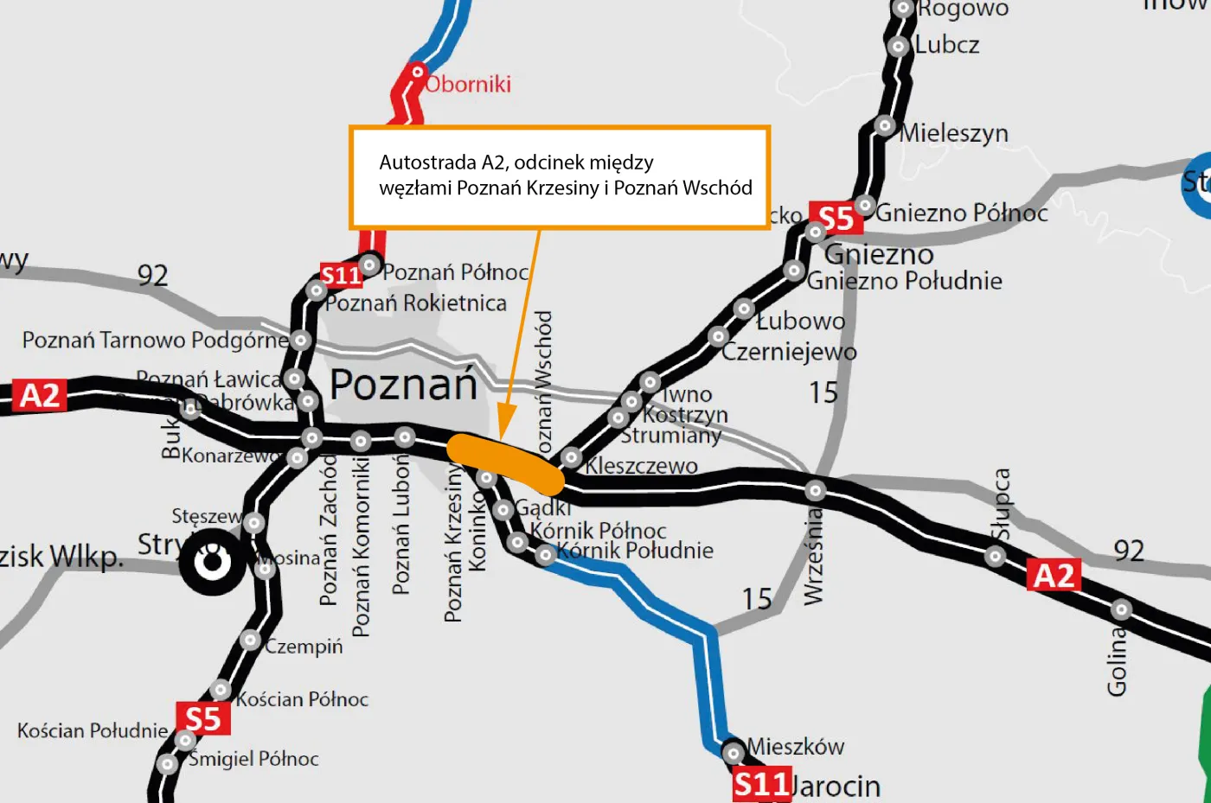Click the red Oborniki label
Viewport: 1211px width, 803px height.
click(468, 85)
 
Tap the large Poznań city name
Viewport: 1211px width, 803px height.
click(404, 385)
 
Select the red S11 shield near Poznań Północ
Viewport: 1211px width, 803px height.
click(341, 276)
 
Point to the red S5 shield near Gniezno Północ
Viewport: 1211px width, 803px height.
click(836, 219)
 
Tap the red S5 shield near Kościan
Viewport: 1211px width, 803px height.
click(203, 719)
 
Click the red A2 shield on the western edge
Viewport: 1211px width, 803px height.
click(40, 396)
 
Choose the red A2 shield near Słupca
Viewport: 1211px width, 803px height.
click(1054, 575)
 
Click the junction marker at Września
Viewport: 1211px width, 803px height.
click(815, 491)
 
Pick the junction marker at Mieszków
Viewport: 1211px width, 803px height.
click(734, 753)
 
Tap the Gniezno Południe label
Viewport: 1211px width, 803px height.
click(904, 281)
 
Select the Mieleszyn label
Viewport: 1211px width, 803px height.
click(954, 133)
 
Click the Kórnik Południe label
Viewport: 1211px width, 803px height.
click(635, 551)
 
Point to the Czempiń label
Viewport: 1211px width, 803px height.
click(304, 647)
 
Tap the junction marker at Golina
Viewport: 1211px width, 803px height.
click(1121, 609)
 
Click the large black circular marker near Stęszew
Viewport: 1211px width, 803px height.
click(212, 563)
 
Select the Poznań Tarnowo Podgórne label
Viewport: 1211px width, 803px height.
click(154, 341)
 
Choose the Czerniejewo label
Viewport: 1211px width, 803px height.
click(789, 353)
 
